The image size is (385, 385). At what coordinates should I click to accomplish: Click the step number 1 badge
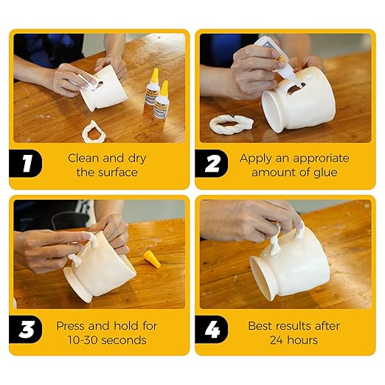(27, 164)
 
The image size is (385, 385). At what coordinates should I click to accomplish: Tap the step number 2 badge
(212, 164)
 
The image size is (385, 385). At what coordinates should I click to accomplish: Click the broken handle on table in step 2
(231, 124)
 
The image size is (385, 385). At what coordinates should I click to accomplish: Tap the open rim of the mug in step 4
(257, 277)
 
